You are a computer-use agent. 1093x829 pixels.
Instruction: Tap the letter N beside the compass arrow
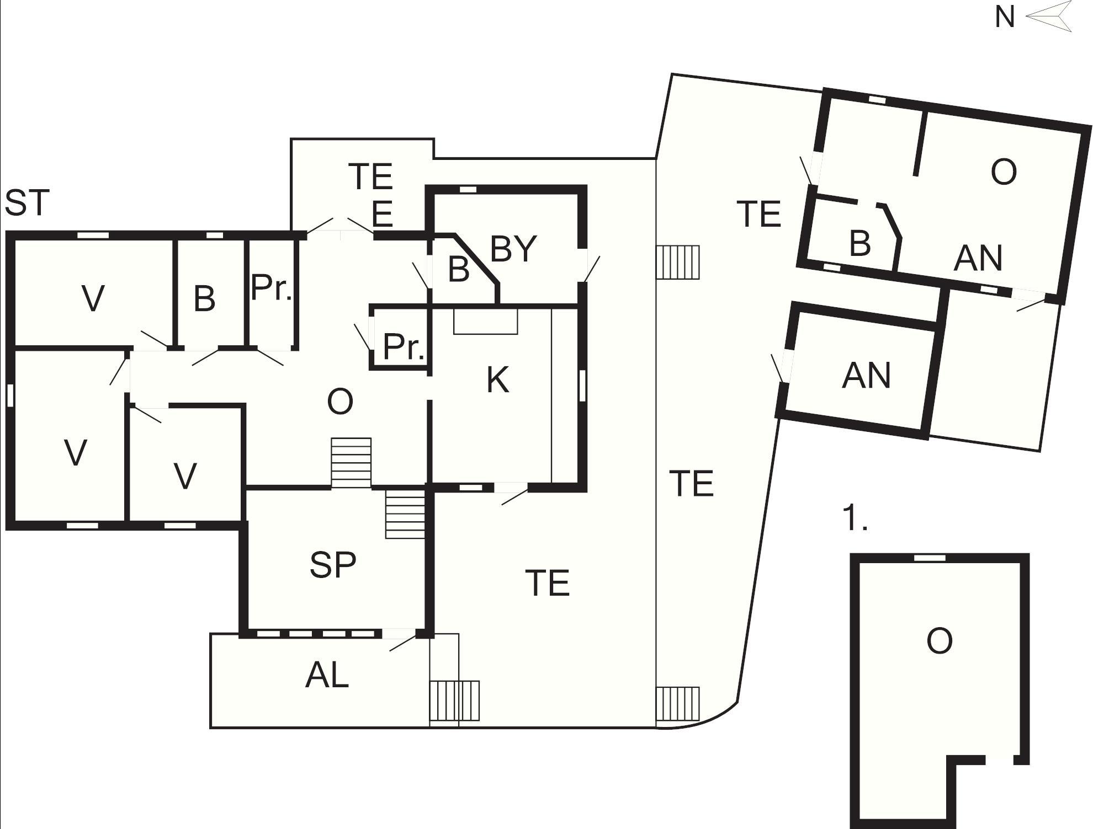[x=1005, y=17]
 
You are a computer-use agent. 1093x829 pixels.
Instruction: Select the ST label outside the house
[x=27, y=202]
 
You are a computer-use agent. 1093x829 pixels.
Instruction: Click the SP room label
[x=333, y=565]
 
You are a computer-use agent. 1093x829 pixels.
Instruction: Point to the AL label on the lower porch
[x=327, y=675]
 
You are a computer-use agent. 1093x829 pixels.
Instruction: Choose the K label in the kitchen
[x=497, y=379]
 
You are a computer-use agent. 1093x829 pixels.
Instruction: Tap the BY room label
[x=513, y=249]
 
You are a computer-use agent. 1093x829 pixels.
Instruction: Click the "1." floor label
[x=855, y=518]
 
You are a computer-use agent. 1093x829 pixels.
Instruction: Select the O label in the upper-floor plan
[x=939, y=641]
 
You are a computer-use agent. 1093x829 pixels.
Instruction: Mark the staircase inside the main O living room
[x=351, y=463]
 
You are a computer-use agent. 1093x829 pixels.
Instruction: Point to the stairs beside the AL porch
[x=454, y=700]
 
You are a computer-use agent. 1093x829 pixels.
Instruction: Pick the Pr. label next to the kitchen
[x=404, y=346]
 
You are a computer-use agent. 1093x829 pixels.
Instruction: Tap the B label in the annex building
[x=860, y=243]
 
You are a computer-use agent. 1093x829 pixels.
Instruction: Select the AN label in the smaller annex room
[x=866, y=376]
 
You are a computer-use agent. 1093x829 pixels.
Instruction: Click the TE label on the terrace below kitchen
[x=547, y=582]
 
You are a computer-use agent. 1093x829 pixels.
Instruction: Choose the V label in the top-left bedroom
[x=93, y=298]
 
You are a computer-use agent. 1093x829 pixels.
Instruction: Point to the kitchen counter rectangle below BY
[x=486, y=322]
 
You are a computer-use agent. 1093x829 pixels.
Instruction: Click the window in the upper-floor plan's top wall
[x=930, y=558]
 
